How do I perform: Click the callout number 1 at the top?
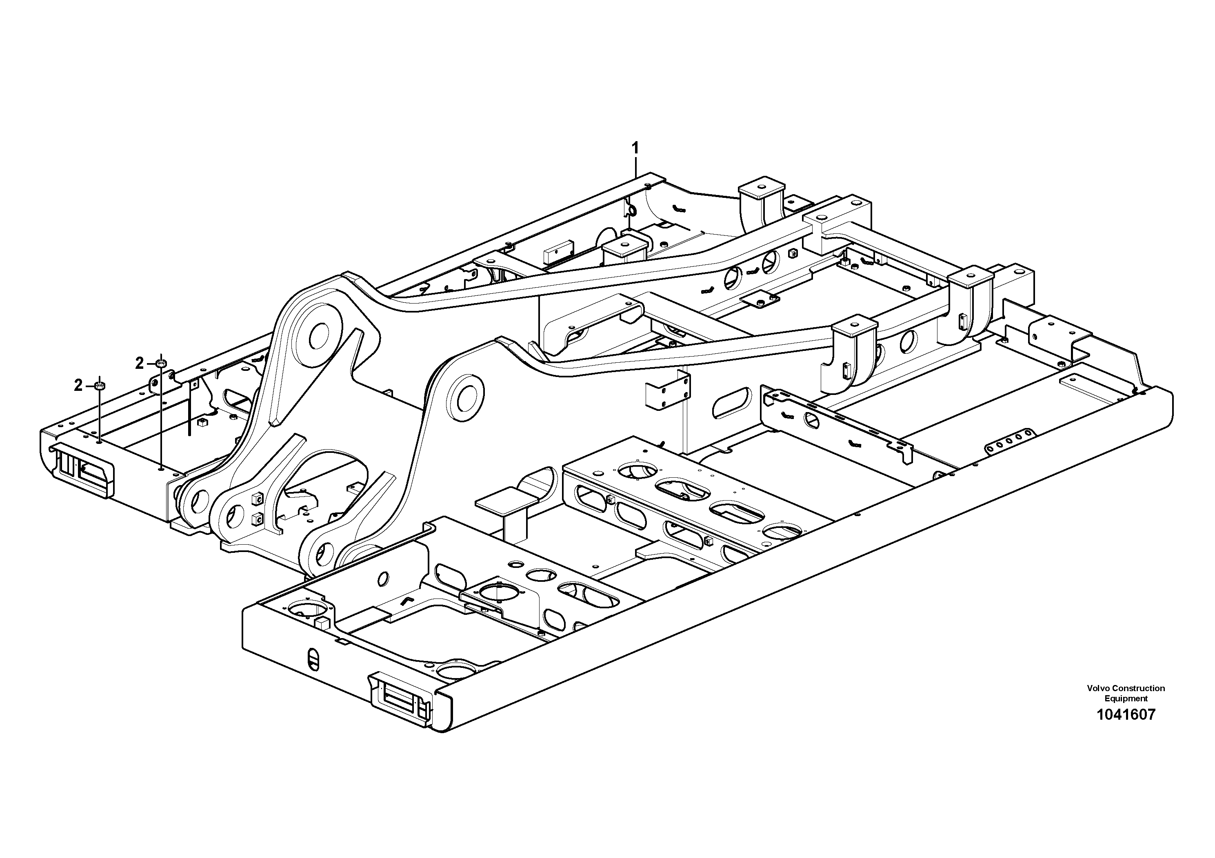635,148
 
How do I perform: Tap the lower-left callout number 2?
78,386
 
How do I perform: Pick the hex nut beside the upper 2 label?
162,363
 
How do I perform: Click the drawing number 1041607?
1126,715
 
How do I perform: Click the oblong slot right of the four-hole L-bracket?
731,403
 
